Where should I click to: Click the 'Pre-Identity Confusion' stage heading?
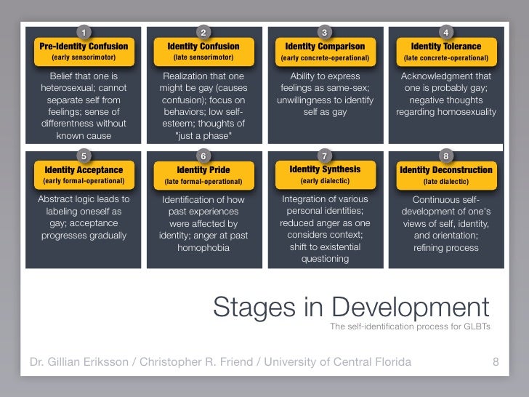[x=83, y=46]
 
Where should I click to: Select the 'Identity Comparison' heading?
[x=325, y=46]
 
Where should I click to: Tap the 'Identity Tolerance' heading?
[x=445, y=46]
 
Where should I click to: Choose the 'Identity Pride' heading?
[x=203, y=170]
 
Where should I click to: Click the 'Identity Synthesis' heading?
[x=325, y=169]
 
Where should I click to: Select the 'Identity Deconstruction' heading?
[x=446, y=170]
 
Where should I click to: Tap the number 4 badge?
[x=445, y=32]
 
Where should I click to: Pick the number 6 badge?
[x=203, y=156]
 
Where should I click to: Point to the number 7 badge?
[x=325, y=156]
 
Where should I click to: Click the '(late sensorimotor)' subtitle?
[x=203, y=57]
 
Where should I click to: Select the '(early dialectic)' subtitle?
[x=325, y=180]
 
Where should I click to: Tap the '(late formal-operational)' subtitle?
[x=203, y=181]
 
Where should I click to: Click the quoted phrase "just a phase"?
[x=204, y=136]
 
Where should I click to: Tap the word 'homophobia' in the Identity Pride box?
[x=204, y=247]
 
